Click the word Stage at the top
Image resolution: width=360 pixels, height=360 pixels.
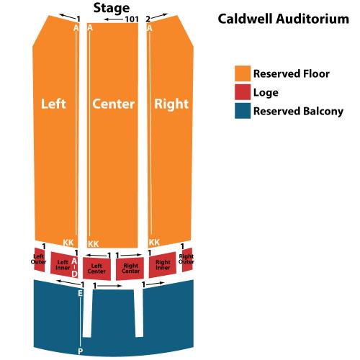pyautogui.click(x=112, y=9)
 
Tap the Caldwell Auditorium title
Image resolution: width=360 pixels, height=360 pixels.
pyautogui.click(x=284, y=19)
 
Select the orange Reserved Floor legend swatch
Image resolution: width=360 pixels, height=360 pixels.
pyautogui.click(x=243, y=73)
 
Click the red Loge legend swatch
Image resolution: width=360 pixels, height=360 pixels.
pyautogui.click(x=243, y=91)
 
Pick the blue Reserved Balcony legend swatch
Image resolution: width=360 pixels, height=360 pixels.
pyautogui.click(x=243, y=111)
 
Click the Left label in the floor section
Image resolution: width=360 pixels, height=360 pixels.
pyautogui.click(x=53, y=104)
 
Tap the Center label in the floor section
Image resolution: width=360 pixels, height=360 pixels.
pyautogui.click(x=113, y=104)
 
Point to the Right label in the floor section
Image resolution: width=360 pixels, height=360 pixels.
pyautogui.click(x=171, y=104)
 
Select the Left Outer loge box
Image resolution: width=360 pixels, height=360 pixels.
pyautogui.click(x=40, y=260)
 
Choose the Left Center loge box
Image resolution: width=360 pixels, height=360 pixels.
pyautogui.click(x=96, y=269)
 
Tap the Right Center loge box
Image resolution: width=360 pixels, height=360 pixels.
pyautogui.click(x=130, y=269)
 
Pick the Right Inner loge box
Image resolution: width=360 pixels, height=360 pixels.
pyautogui.click(x=163, y=265)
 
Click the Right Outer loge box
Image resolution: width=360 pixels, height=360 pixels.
pyautogui.click(x=187, y=260)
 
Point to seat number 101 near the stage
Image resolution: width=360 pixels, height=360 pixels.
pyautogui.click(x=132, y=19)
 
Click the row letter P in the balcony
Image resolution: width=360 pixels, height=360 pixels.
pyautogui.click(x=81, y=351)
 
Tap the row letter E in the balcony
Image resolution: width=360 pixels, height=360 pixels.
pyautogui.click(x=81, y=293)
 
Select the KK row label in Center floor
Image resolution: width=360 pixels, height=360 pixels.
pyautogui.click(x=93, y=244)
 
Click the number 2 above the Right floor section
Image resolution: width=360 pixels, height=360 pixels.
pyautogui.click(x=148, y=19)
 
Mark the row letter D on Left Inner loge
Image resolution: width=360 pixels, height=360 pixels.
pyautogui.click(x=75, y=274)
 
